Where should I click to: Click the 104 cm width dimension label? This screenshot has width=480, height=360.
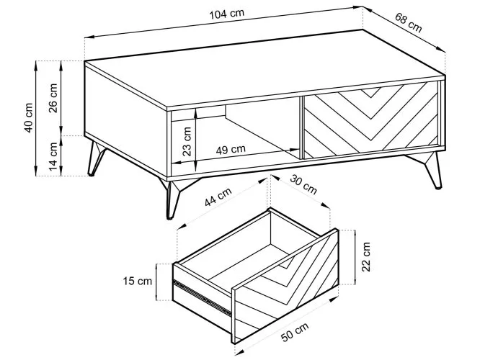[x=226, y=14]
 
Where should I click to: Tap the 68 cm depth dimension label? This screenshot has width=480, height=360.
[x=408, y=22]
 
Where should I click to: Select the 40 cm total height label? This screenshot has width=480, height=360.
[x=28, y=117]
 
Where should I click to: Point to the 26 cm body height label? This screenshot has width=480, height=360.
[x=53, y=98]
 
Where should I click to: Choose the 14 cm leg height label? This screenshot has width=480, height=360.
[x=53, y=157]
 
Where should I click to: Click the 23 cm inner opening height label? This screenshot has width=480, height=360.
[x=187, y=141]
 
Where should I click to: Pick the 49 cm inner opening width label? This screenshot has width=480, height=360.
[x=231, y=150]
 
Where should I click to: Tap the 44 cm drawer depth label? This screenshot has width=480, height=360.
[x=218, y=197]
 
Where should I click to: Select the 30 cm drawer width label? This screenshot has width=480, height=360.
[x=303, y=184]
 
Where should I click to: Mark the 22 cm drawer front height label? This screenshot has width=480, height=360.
[x=366, y=257]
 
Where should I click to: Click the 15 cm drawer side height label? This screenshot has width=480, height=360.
[x=138, y=281]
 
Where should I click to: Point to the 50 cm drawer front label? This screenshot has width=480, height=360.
[x=295, y=332]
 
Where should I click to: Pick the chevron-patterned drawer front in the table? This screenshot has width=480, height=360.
[x=370, y=120]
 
